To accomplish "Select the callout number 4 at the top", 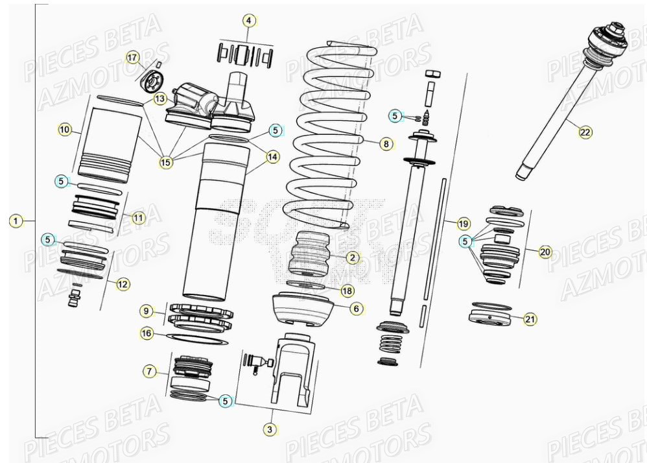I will (248, 21).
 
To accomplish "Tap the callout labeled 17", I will (133, 58).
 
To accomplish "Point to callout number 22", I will (585, 132).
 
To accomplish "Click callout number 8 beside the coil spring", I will (386, 144).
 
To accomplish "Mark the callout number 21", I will (530, 318).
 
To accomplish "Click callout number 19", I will (463, 224).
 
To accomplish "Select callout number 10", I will (65, 130).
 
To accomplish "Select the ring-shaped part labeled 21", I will (492, 318).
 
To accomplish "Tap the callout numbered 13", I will (160, 99).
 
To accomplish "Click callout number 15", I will (167, 162).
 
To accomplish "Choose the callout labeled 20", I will (545, 252).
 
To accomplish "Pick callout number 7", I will (149, 371).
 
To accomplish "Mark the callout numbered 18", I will (347, 291).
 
